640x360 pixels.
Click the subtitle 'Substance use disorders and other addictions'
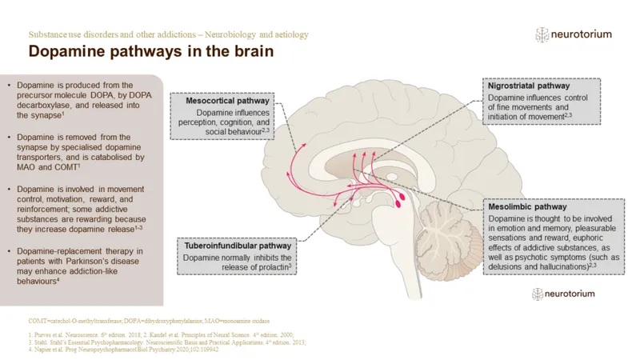click(x=128, y=35)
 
